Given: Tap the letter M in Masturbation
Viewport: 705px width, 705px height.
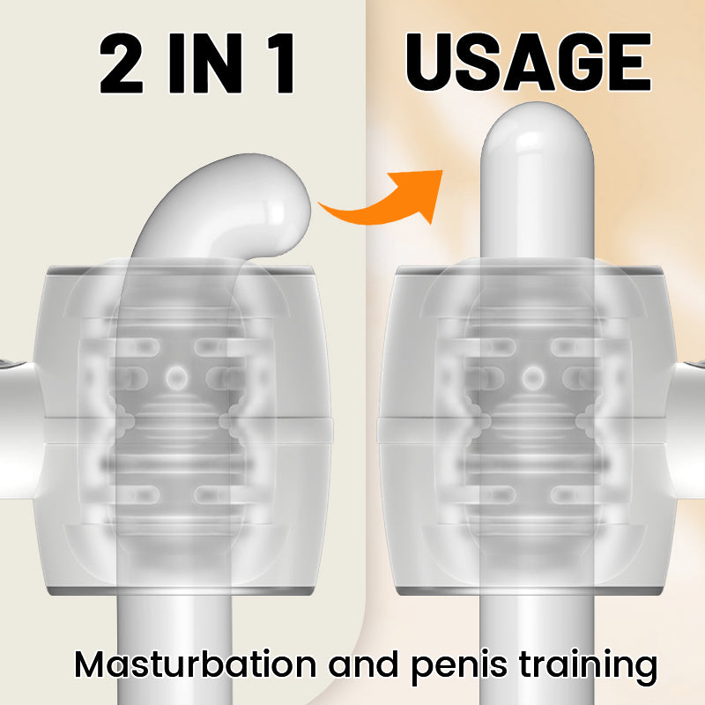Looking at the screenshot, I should pos(91,666).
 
